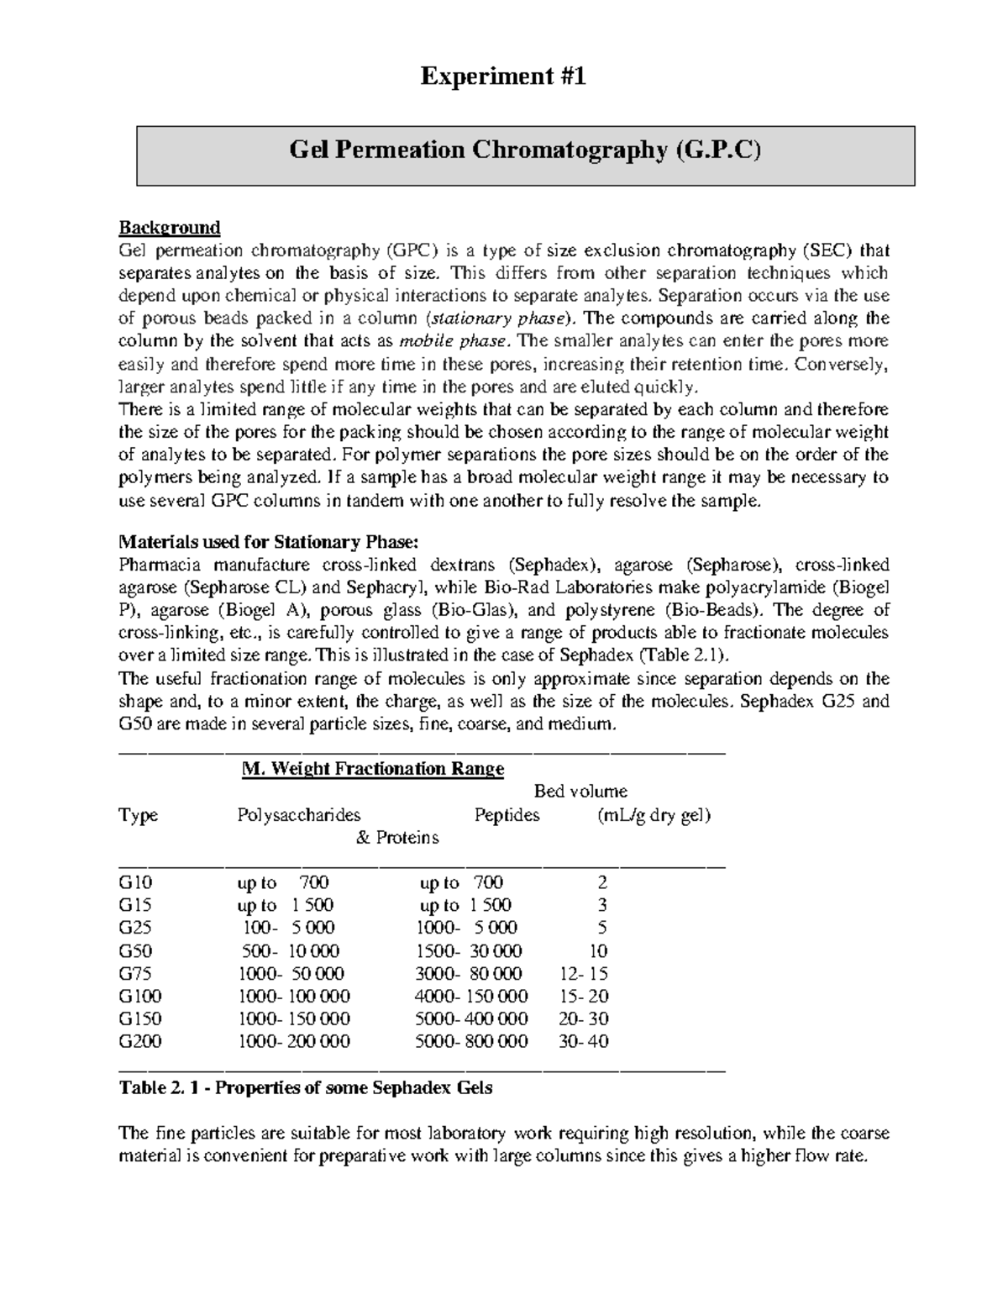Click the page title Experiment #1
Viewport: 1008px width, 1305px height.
pyautogui.click(x=502, y=77)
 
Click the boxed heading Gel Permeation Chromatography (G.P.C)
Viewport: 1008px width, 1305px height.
pyautogui.click(x=525, y=150)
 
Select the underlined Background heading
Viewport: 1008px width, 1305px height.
pyautogui.click(x=169, y=228)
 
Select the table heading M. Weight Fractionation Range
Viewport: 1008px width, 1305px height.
pyautogui.click(x=372, y=769)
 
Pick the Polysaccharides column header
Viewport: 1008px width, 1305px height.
pyautogui.click(x=299, y=815)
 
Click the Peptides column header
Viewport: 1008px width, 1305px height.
pyautogui.click(x=507, y=815)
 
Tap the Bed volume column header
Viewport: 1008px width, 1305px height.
pyautogui.click(x=580, y=792)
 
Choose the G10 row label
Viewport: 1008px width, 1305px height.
pyautogui.click(x=136, y=882)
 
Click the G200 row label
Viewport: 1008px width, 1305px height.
pyautogui.click(x=140, y=1042)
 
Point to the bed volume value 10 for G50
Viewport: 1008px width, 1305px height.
pyautogui.click(x=598, y=951)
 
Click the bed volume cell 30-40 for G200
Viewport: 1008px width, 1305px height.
pyautogui.click(x=584, y=1042)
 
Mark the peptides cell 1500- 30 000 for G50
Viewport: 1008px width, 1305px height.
pyautogui.click(x=469, y=951)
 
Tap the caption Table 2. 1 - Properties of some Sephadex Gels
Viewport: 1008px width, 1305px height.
pyautogui.click(x=306, y=1088)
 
